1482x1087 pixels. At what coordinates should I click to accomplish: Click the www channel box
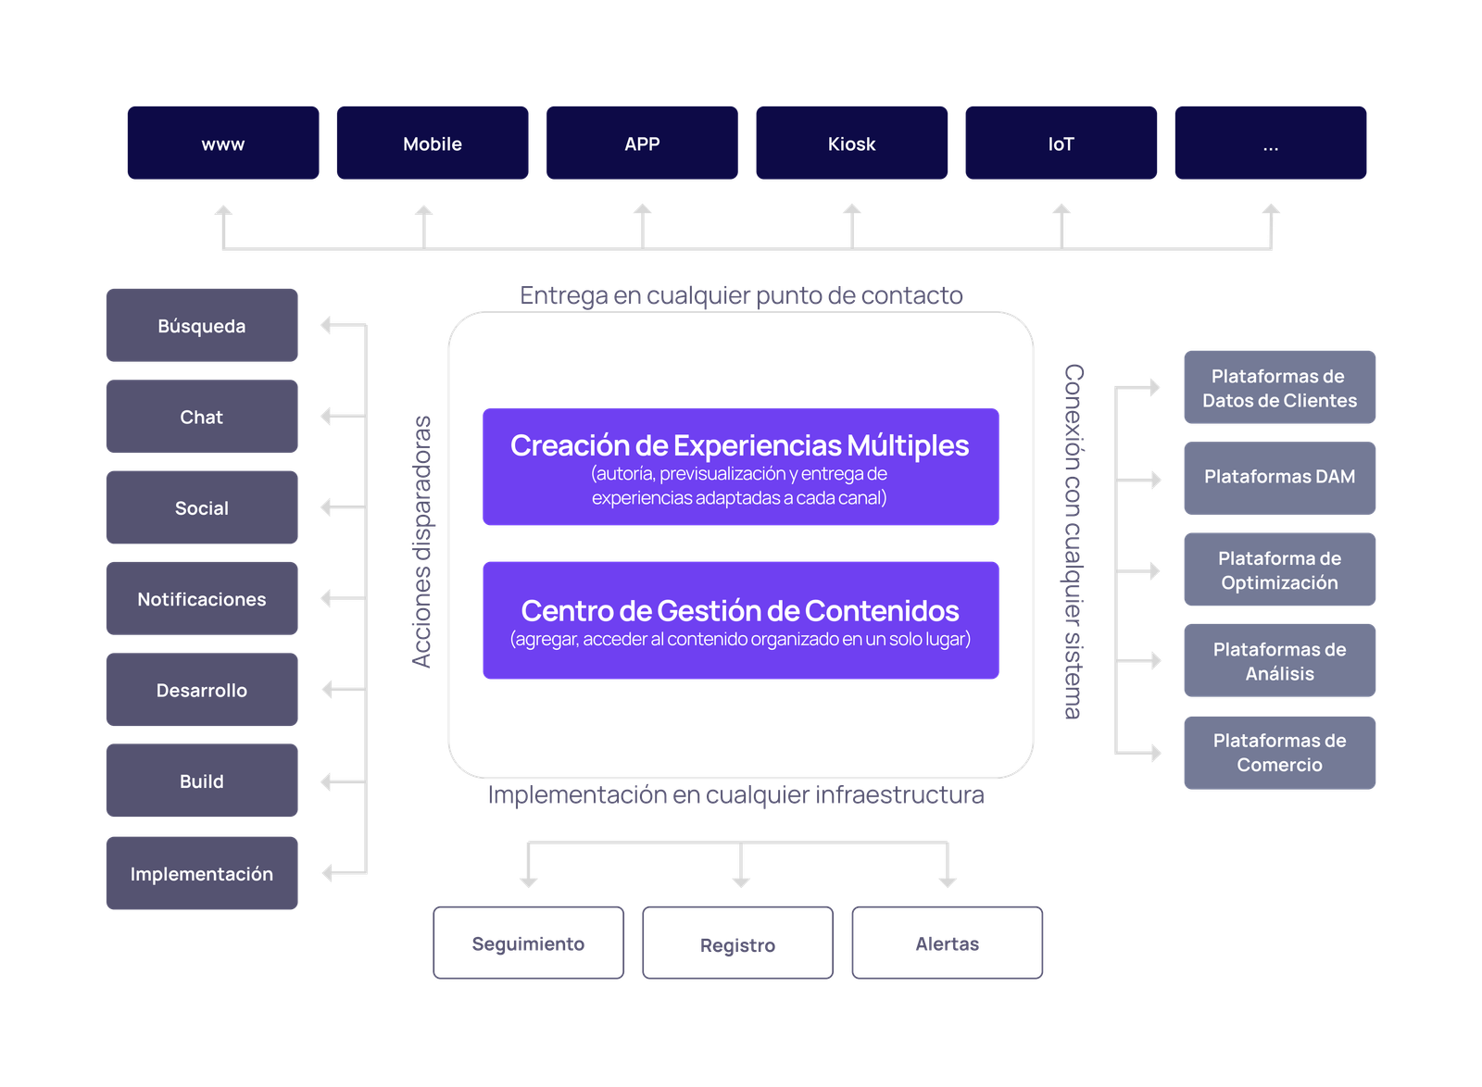point(223,143)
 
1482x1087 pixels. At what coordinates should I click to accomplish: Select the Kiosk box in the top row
point(851,143)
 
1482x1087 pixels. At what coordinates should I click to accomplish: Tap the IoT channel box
point(1061,143)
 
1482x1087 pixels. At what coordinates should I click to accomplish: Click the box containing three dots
point(1270,143)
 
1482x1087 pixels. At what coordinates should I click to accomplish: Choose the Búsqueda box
point(202,325)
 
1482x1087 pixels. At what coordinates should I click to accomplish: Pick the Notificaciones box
point(202,598)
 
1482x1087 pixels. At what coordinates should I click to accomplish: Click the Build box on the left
point(202,781)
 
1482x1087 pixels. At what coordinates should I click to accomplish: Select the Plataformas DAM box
point(1279,477)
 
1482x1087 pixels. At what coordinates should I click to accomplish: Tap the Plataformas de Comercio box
point(1279,752)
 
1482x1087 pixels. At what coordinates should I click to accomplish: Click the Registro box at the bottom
point(737,943)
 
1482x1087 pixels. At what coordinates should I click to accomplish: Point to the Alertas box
point(947,943)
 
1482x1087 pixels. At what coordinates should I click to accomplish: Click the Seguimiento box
point(528,943)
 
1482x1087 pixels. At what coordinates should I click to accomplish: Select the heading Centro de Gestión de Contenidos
point(740,611)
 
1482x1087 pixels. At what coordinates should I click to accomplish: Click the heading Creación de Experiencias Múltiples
point(740,445)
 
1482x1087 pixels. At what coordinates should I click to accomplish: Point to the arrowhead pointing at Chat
point(326,417)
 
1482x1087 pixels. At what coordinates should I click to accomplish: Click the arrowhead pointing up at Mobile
point(424,211)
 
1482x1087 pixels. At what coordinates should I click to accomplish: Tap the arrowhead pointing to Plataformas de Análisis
point(1154,660)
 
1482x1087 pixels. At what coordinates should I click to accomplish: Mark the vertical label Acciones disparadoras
point(422,542)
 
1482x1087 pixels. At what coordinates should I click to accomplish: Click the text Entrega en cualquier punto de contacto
point(741,295)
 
